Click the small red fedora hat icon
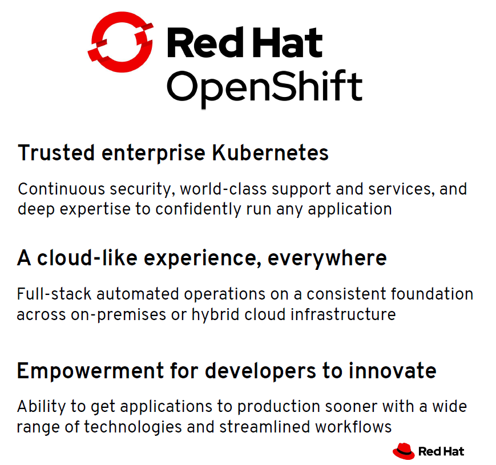coord(404,451)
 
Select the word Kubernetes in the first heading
coord(270,153)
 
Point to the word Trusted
coord(57,153)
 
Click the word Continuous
coord(62,189)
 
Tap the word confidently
coord(198,209)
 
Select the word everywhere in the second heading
coord(327,259)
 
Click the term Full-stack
coord(54,294)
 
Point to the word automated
coord(138,294)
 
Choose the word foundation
coord(432,294)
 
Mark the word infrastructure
coord(343,314)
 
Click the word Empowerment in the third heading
coord(91,371)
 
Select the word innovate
coord(393,371)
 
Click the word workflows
coord(353,427)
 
